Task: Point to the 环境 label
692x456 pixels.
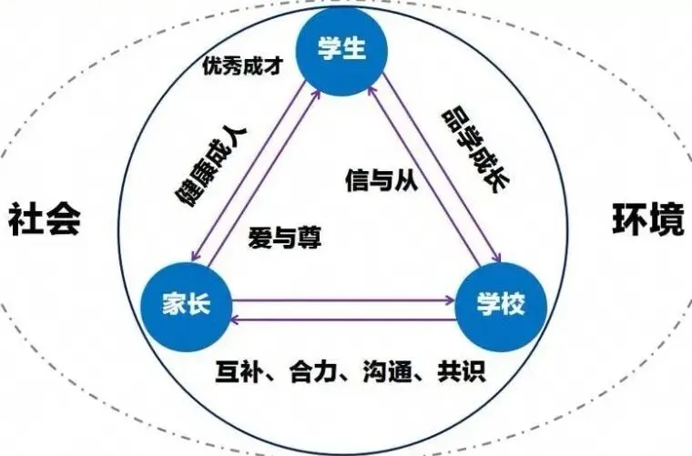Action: coord(647,221)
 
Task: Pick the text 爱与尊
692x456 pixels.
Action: coord(283,238)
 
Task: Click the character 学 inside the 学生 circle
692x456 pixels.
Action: coord(330,48)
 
